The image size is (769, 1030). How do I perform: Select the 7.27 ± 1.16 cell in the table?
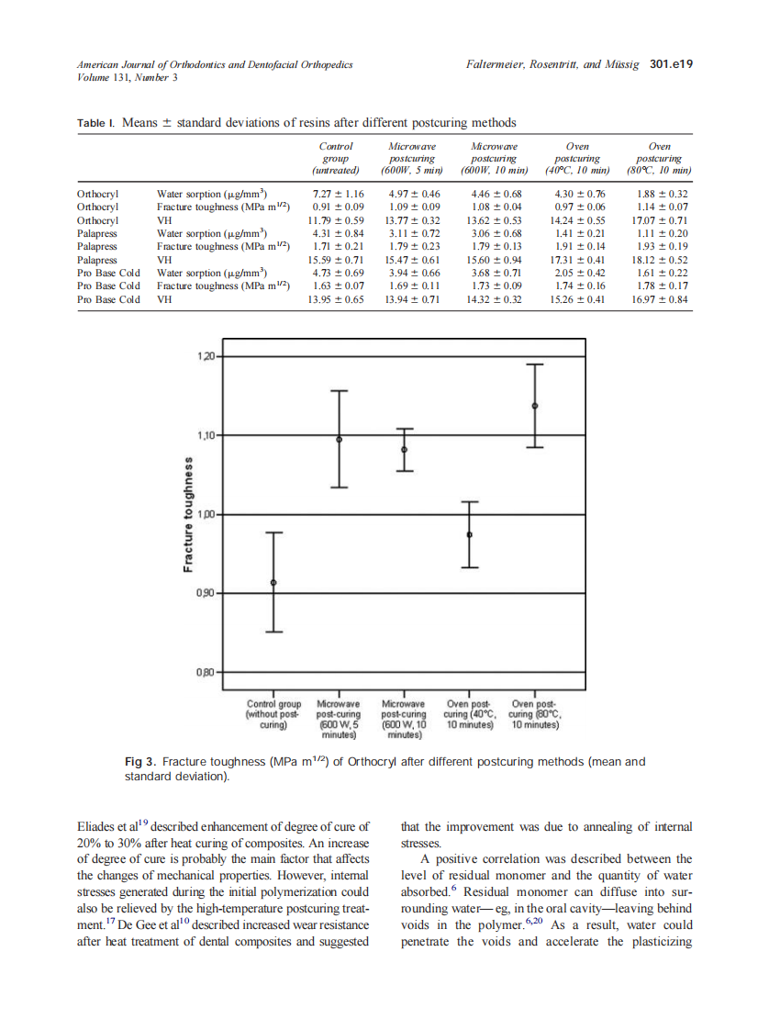coord(338,195)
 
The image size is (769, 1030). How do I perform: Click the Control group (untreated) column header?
coord(336,158)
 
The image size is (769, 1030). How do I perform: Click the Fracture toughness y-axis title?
coord(188,514)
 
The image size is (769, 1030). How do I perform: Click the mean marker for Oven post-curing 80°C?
coord(535,406)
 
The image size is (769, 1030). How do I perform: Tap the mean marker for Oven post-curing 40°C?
coord(470,534)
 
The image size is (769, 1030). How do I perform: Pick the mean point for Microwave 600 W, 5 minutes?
coord(340,439)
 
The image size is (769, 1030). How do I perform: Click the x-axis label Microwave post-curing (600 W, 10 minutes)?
coord(404,719)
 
